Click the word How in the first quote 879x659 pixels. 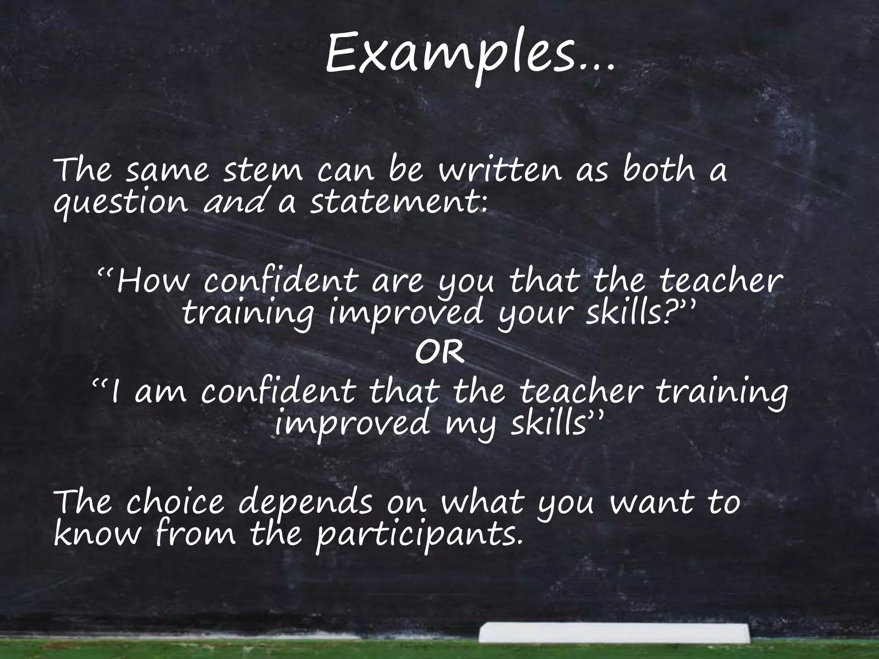(152, 281)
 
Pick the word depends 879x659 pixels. (305, 504)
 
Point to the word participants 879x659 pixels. (418, 536)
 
